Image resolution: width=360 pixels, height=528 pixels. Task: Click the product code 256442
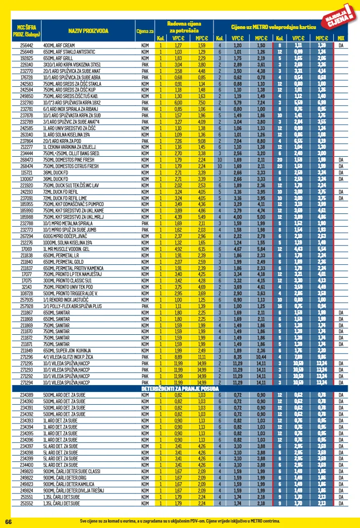27,45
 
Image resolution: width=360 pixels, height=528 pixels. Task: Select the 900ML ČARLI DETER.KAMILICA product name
72,484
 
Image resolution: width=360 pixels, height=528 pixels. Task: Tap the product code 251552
27,504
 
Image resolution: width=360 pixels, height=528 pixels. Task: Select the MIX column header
341,38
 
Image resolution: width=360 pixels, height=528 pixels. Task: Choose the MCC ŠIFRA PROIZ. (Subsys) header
27,32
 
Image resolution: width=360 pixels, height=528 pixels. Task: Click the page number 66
8,521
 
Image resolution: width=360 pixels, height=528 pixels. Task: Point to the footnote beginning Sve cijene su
180,521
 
